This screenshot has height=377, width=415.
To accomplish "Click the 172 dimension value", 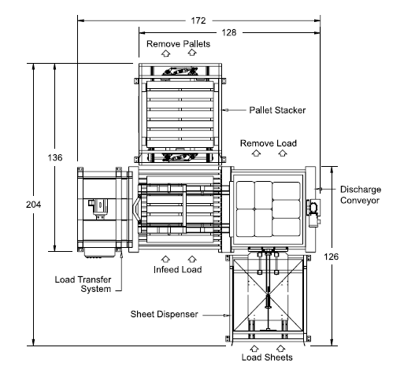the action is click(198, 20).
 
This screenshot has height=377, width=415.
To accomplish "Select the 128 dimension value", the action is click(228, 32).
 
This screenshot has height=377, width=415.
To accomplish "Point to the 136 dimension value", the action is click(55, 157).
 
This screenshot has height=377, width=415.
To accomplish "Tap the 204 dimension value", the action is click(34, 205).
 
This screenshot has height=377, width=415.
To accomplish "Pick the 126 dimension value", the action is click(331, 257).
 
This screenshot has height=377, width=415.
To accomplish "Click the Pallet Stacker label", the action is click(277, 110).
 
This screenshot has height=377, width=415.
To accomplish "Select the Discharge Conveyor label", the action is click(361, 194).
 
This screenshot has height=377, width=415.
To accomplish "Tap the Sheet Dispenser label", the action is click(164, 314).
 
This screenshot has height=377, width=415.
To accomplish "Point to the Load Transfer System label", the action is click(83, 284).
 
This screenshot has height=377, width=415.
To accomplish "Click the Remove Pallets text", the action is click(179, 43).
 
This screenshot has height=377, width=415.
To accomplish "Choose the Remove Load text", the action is click(269, 143).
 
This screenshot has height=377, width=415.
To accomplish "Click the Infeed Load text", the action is click(178, 269).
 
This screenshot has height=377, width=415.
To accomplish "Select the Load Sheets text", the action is click(267, 357).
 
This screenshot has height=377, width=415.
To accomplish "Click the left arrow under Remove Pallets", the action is click(165, 54).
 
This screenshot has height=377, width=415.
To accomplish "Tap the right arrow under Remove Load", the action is click(283, 153).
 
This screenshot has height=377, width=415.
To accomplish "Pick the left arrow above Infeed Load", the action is click(165, 259).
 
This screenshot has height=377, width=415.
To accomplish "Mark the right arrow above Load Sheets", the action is click(281, 348).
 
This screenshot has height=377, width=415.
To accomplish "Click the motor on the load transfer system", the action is click(98, 208).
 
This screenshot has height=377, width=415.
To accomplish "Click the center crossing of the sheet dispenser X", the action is click(268, 294).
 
